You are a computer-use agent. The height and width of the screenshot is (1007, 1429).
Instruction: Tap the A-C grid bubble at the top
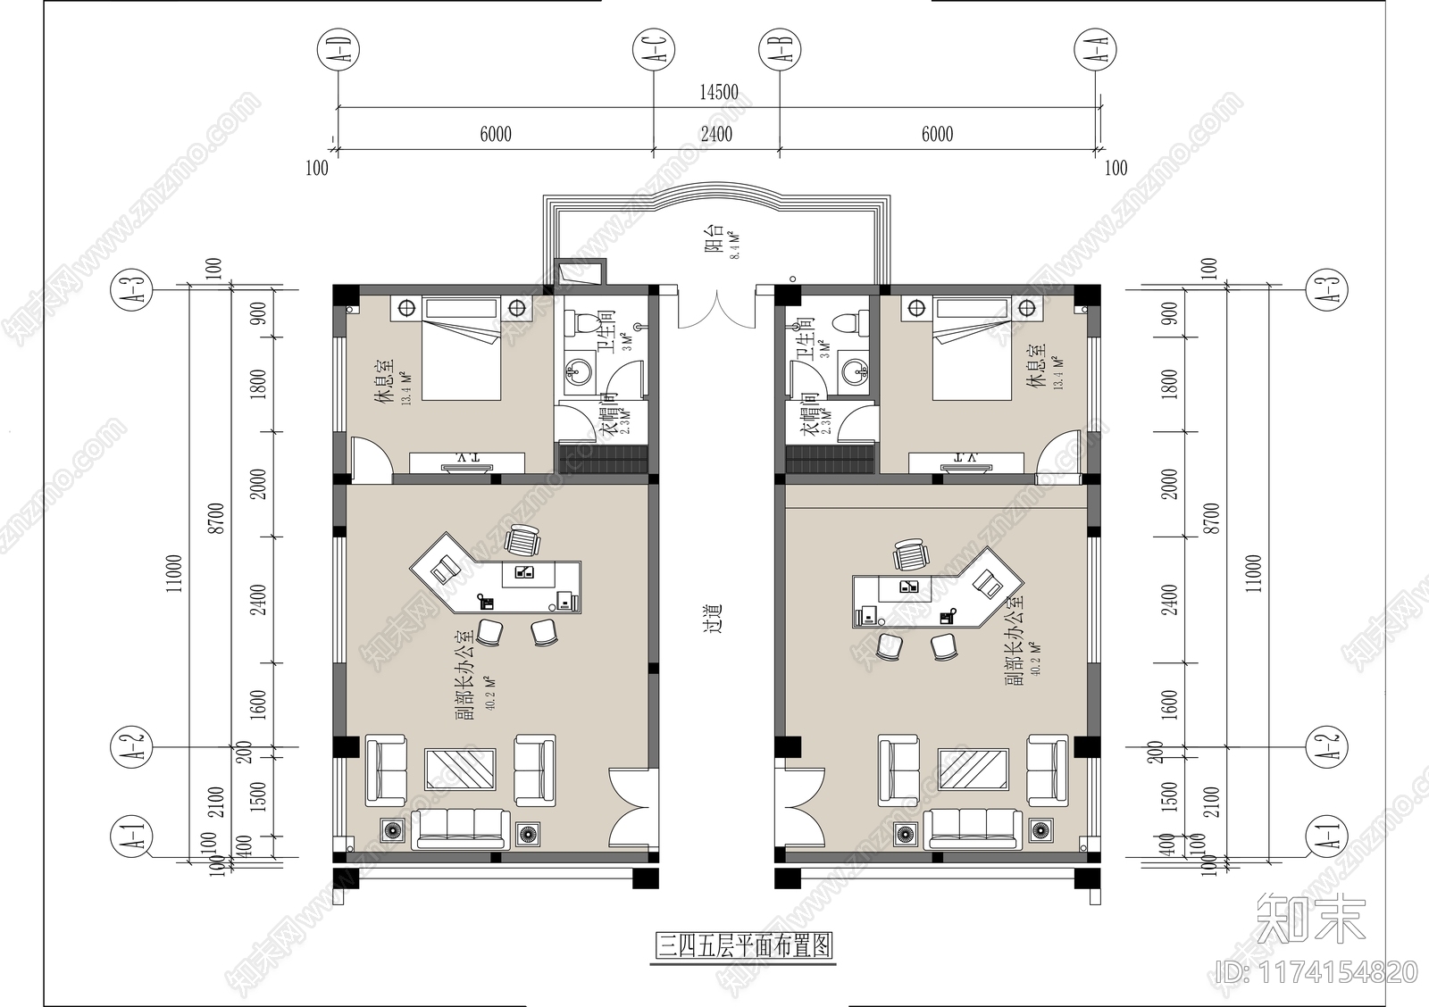[x=654, y=48]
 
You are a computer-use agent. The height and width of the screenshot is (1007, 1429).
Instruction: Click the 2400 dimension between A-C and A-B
[x=716, y=134]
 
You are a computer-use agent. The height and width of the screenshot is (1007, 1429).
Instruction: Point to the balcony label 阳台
[x=714, y=241]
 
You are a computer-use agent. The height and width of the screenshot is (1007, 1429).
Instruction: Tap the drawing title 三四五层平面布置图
[x=744, y=945]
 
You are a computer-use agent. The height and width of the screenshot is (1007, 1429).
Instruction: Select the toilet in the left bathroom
[x=586, y=323]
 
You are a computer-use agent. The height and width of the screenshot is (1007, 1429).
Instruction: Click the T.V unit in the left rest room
[x=467, y=462]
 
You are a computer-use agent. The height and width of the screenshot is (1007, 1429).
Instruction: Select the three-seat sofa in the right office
[x=973, y=829]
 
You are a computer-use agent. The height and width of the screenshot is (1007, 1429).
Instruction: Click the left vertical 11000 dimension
[x=174, y=572]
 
